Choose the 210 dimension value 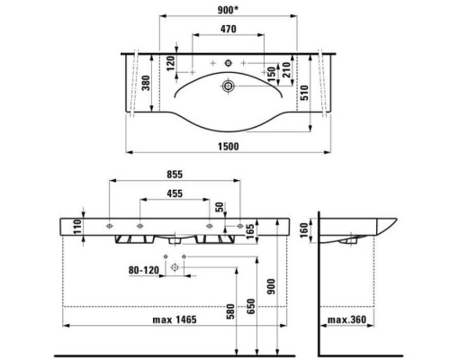point(285,70)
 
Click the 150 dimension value point(269,70)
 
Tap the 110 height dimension point(78,229)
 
